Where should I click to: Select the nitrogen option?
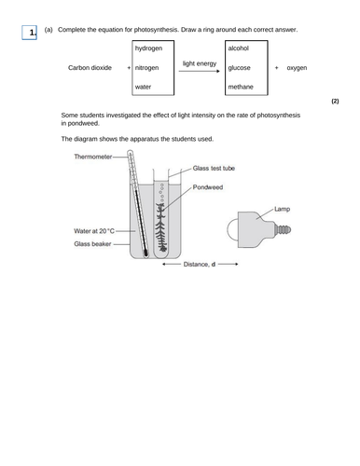[x=149, y=68]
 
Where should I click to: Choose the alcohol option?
[x=241, y=48]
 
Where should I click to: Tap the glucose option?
[x=242, y=68]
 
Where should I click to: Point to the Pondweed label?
[x=211, y=187]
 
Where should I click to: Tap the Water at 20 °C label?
[x=94, y=230]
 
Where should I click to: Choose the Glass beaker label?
[x=93, y=244]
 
